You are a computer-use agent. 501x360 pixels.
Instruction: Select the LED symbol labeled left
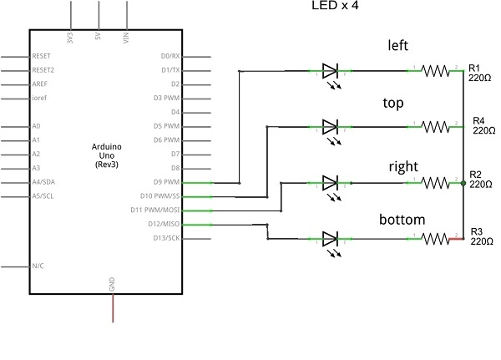point(329,72)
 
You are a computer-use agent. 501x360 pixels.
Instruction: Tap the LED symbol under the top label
point(329,127)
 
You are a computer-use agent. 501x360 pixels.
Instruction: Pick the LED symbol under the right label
point(329,183)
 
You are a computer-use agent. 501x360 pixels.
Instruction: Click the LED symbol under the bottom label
point(329,239)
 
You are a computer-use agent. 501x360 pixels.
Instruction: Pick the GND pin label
point(113,285)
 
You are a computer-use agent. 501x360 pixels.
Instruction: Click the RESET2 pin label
point(43,70)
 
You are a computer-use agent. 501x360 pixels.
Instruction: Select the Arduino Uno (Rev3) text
point(107,156)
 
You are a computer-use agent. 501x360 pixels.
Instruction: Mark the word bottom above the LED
point(402,221)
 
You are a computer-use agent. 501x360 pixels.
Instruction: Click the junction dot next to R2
point(463,183)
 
